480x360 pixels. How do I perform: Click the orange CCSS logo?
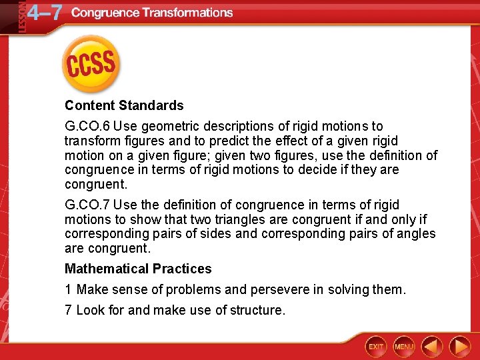(x=90, y=64)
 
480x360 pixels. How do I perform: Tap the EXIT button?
(x=377, y=346)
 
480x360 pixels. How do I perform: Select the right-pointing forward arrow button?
(x=460, y=346)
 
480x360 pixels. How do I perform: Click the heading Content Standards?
(x=124, y=105)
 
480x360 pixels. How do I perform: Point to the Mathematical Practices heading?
(x=138, y=269)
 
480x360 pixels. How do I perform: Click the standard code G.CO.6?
(x=89, y=126)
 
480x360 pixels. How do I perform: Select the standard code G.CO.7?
(x=89, y=205)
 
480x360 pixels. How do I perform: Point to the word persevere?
(x=276, y=289)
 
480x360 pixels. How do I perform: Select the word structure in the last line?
(x=260, y=310)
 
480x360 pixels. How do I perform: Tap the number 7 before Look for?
(x=68, y=310)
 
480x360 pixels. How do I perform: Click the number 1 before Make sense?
(x=68, y=289)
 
